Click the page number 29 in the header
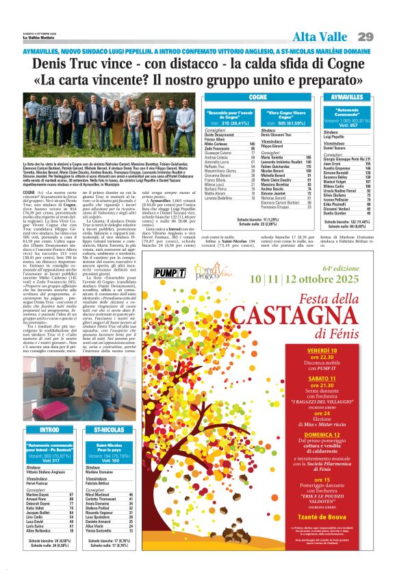pyautogui.click(x=366, y=36)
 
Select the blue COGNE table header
pyautogui.click(x=257, y=97)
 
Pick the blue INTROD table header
pyautogui.click(x=49, y=410)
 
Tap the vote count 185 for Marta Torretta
pyautogui.click(x=279, y=157)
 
